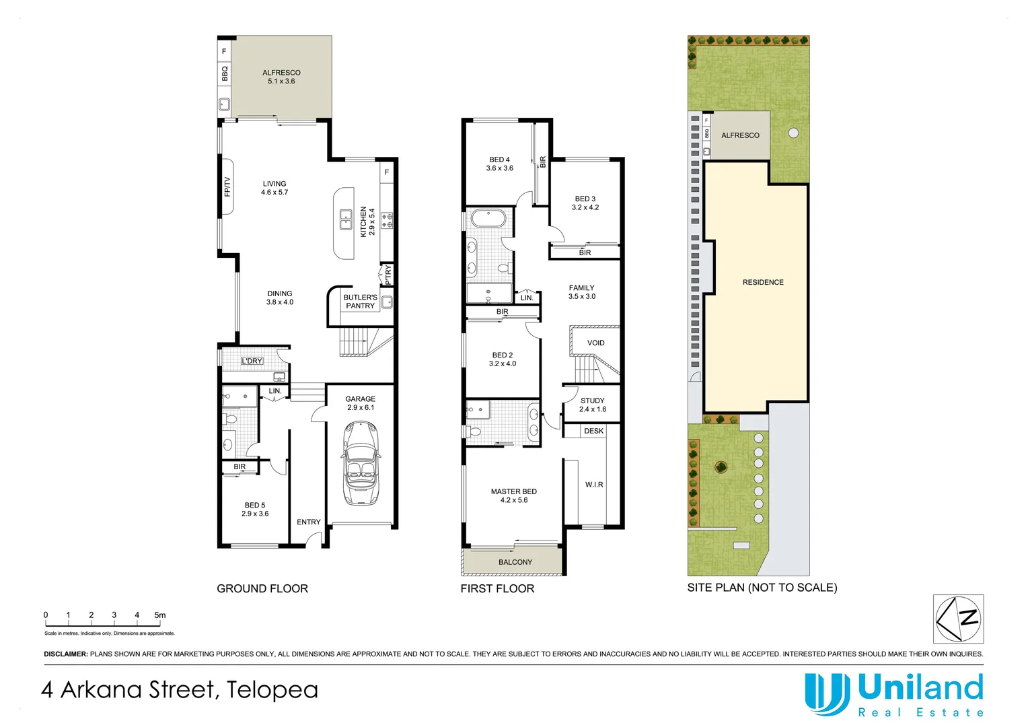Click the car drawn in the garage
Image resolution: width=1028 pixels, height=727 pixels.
tap(361, 464)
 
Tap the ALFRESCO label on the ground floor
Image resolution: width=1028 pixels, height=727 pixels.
tap(281, 73)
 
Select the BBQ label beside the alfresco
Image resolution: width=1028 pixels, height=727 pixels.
tap(225, 73)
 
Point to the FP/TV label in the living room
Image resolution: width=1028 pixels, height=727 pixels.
tap(227, 186)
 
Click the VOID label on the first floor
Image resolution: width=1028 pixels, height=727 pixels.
tap(595, 343)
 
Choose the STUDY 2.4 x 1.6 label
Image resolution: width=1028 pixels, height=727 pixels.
tap(593, 405)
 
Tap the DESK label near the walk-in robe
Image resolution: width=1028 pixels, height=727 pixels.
tap(594, 431)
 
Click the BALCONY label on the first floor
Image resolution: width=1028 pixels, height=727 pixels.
tap(515, 562)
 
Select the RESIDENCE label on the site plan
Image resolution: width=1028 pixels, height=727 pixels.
tap(763, 282)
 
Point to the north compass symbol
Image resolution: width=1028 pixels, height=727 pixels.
tap(958, 619)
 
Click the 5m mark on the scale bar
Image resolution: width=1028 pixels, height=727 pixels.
tap(159, 615)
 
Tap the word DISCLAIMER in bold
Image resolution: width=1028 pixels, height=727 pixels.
tap(66, 654)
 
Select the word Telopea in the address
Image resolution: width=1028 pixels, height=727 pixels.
tap(272, 690)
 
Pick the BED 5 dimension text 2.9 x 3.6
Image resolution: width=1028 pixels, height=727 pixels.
tap(255, 514)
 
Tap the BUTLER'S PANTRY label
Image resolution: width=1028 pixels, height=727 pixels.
tap(360, 302)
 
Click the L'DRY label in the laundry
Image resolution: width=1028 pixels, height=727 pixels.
tap(252, 361)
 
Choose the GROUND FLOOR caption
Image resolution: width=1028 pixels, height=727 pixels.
tap(262, 588)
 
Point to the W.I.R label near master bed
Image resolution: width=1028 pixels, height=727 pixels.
tap(594, 485)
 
